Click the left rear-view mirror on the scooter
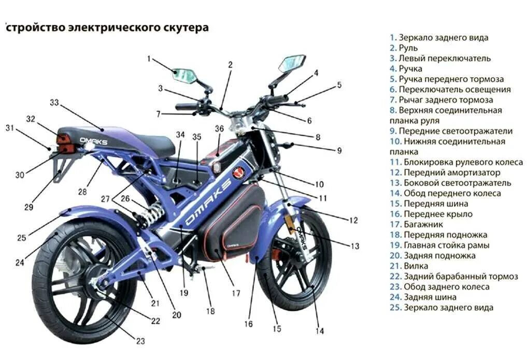(184, 75)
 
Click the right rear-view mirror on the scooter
(292, 63)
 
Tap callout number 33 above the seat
(54, 103)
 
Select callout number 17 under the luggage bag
(236, 293)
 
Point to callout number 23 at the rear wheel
(140, 340)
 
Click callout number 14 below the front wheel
(320, 331)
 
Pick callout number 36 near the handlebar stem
(219, 128)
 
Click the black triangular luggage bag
(233, 223)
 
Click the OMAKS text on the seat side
(94, 139)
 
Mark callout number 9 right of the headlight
(339, 151)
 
